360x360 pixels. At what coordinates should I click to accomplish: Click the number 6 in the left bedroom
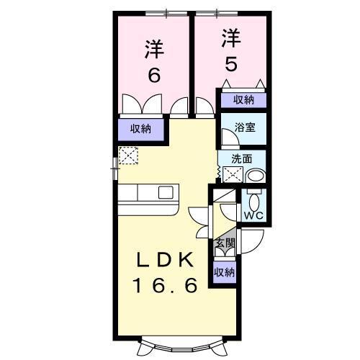tap(153, 76)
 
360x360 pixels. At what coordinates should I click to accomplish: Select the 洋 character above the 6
tap(153, 50)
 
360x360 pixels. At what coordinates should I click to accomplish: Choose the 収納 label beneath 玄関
tap(225, 271)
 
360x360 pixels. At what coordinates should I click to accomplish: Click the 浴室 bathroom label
tap(244, 128)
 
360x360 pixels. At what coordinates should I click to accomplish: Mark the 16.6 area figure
tap(163, 286)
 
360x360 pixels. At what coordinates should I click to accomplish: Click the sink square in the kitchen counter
tap(166, 194)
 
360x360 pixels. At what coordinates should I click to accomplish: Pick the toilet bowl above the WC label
tap(253, 198)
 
